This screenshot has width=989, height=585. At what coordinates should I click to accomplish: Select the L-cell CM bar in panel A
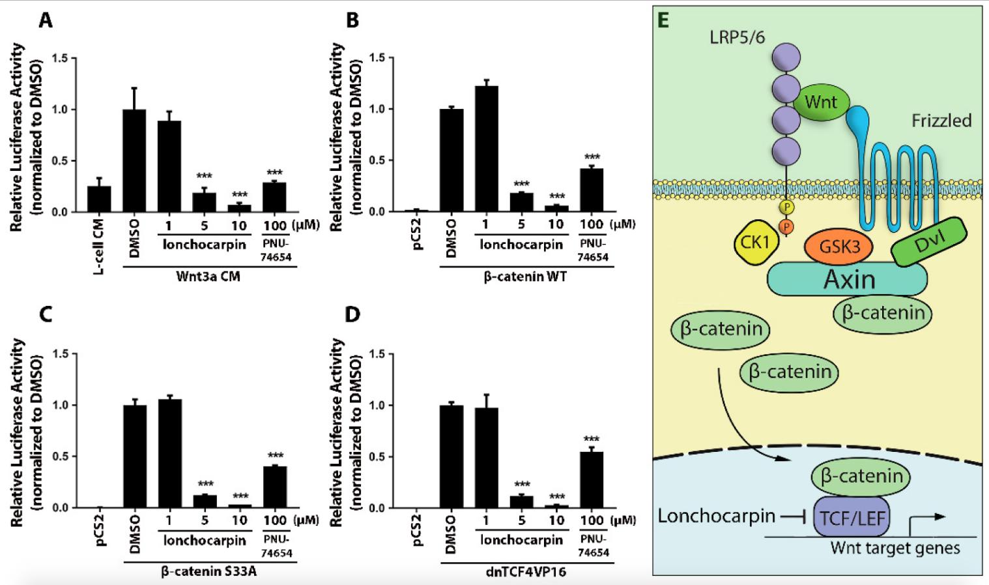(x=99, y=198)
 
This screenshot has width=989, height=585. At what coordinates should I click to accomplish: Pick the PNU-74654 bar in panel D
(x=592, y=479)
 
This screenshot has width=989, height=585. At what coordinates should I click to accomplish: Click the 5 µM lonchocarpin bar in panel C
(x=205, y=501)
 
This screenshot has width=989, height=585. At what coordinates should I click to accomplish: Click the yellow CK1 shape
(x=756, y=242)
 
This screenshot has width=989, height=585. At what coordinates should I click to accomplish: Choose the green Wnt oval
(x=820, y=102)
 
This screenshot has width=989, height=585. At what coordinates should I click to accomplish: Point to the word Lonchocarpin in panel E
(x=716, y=516)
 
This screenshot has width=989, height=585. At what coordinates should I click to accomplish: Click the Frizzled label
(x=941, y=121)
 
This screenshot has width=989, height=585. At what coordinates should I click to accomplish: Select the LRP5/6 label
(x=737, y=37)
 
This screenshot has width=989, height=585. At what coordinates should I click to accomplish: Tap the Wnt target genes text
(x=895, y=548)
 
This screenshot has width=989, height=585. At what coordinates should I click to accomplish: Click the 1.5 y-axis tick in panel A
(x=59, y=58)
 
